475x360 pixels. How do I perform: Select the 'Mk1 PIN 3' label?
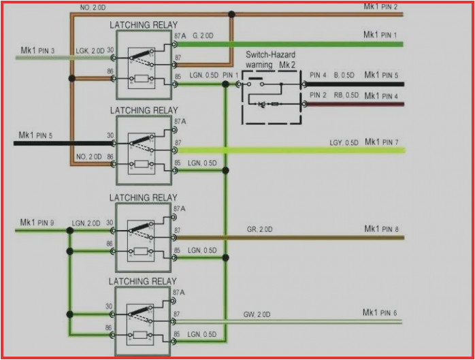tap(37, 50)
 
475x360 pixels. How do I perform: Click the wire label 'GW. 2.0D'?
tap(257, 314)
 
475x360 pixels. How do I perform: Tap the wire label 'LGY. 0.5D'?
tap(344, 143)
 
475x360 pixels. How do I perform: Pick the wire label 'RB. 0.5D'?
tap(346, 95)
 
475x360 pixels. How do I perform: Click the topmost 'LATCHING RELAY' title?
tap(143, 24)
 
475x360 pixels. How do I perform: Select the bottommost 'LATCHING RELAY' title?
tap(143, 281)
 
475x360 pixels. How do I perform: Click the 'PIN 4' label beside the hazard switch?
tap(318, 75)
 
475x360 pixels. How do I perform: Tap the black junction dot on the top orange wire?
tap(232, 14)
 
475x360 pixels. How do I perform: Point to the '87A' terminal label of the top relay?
tap(180, 35)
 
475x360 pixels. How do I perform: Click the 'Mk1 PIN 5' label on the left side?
tap(34, 136)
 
